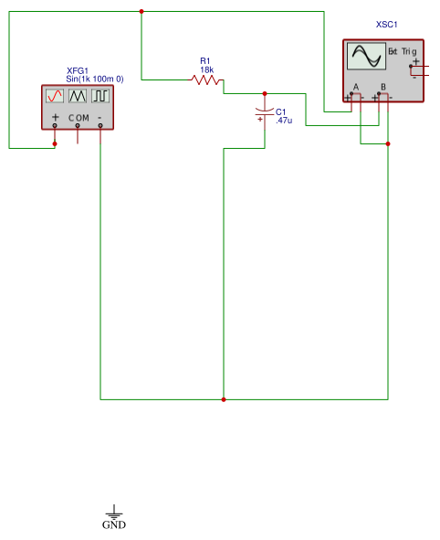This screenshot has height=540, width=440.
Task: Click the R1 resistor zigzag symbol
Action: [x=206, y=80]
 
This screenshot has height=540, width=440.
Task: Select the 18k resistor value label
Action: [x=206, y=70]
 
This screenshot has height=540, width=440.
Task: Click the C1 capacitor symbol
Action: [x=265, y=111]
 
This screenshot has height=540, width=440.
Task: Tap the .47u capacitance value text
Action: [x=284, y=120]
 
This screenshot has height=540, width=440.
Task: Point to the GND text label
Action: [x=114, y=525]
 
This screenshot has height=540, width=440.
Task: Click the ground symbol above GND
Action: [x=114, y=514]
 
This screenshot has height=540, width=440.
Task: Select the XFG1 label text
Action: [x=78, y=70]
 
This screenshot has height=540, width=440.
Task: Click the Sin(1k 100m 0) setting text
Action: [x=94, y=79]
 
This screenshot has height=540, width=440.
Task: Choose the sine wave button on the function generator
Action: [x=55, y=96]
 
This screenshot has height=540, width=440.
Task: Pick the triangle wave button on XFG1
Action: [x=78, y=96]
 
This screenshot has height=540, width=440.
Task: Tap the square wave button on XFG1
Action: [x=100, y=96]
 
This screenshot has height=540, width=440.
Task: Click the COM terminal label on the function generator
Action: [x=79, y=118]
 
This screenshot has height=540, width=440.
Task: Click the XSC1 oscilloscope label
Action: [x=387, y=25]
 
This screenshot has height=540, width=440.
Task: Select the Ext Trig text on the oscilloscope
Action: [x=403, y=51]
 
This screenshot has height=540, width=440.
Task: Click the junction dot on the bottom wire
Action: [x=224, y=399]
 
